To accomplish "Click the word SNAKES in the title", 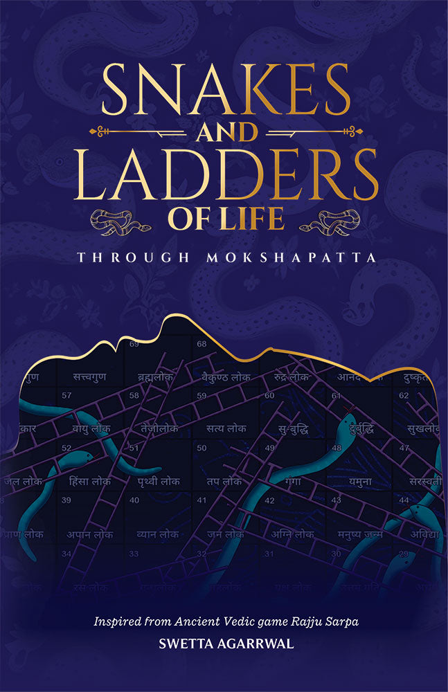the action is click(224, 92).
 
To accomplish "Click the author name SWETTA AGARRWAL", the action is click(224, 644).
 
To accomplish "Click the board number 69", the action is click(134, 344).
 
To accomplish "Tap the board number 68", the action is click(201, 344).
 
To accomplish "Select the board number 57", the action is click(67, 396).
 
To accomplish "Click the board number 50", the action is click(202, 448).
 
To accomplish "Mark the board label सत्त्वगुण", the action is click(92, 377).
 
